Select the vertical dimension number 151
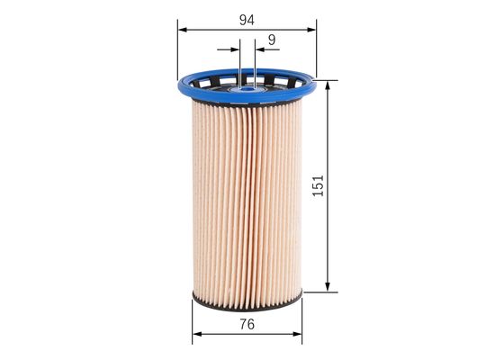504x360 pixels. pos(318,184)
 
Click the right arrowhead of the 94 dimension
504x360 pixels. pos(313,29)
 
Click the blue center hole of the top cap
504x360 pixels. pos(247,87)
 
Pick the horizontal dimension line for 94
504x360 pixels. pos(216,29)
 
